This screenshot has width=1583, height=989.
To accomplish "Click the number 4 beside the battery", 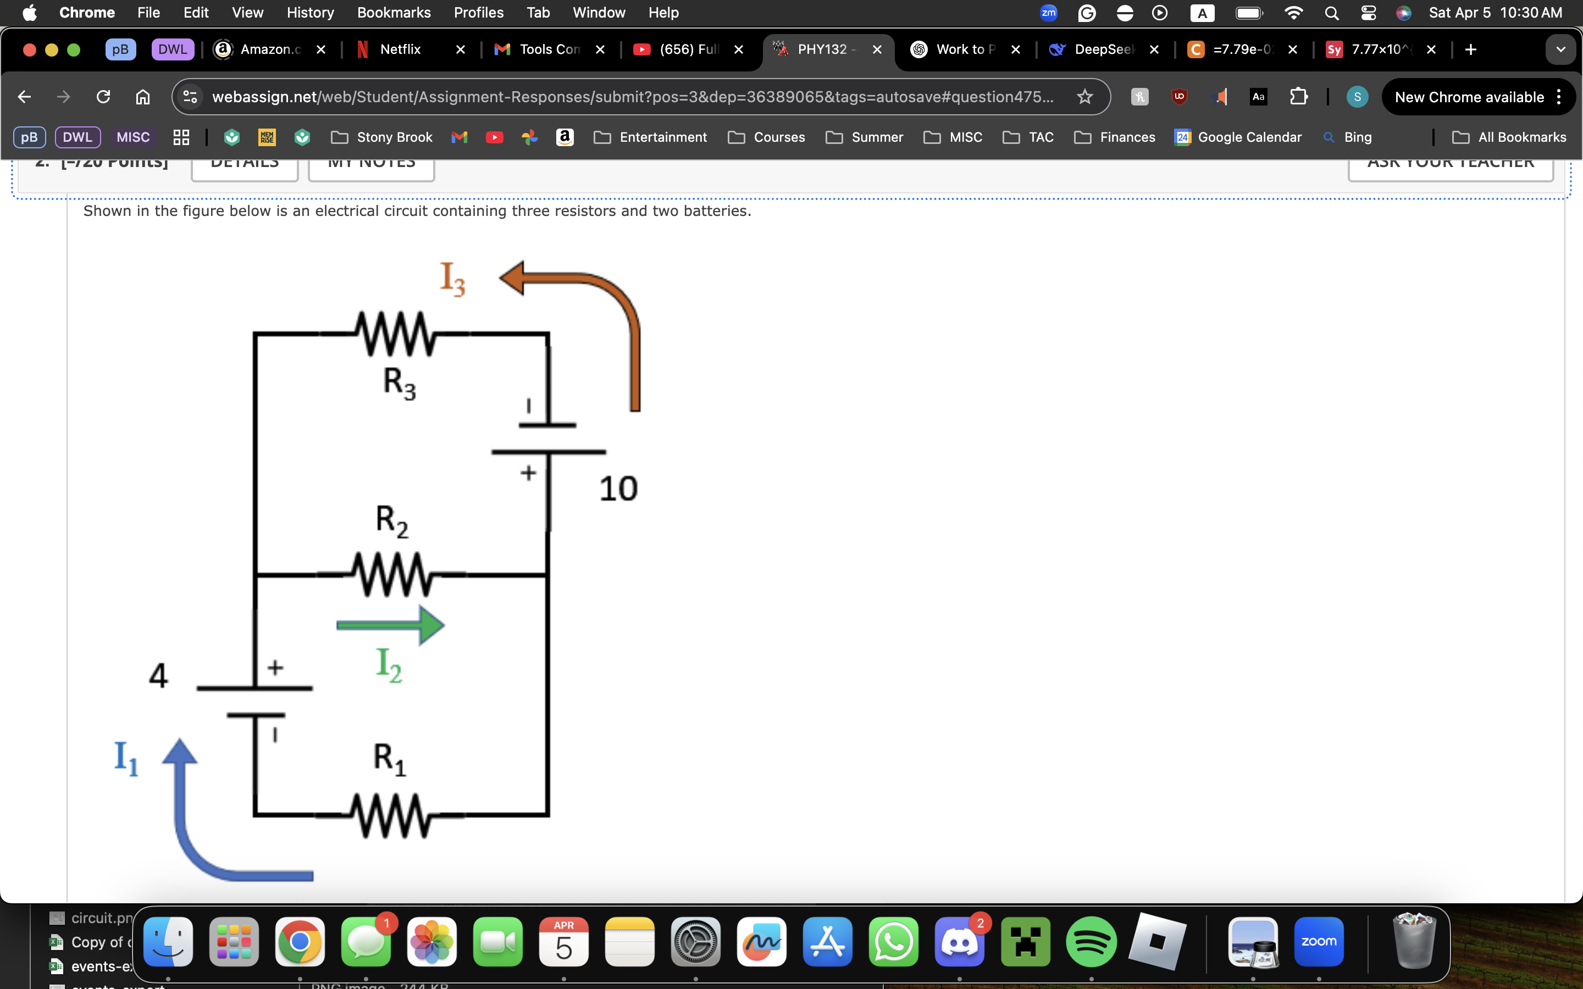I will (x=158, y=676).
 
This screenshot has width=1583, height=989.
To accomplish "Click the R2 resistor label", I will (x=392, y=521).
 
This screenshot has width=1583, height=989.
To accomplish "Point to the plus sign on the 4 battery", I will (x=275, y=668).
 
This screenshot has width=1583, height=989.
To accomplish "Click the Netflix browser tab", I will (x=400, y=49).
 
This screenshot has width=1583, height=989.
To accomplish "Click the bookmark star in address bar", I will (x=1084, y=97).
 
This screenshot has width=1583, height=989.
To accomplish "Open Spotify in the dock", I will (x=1091, y=942).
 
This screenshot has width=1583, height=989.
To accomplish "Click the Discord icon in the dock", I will (x=960, y=942).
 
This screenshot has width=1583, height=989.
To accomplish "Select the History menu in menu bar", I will (x=310, y=13).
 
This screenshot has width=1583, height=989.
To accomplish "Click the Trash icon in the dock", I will (x=1414, y=942).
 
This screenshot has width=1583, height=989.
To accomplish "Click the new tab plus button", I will (x=1470, y=49).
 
